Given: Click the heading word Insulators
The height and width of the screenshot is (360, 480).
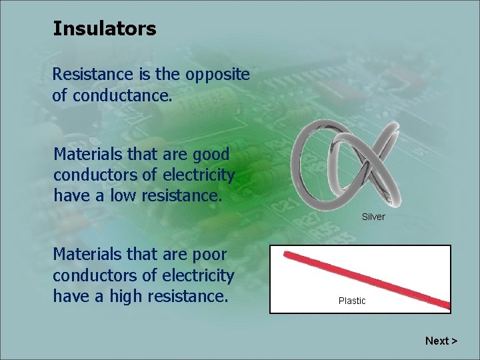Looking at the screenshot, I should click(104, 29).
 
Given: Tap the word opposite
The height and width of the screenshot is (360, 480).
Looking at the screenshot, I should click(219, 74).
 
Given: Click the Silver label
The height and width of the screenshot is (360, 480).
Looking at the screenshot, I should click(373, 217).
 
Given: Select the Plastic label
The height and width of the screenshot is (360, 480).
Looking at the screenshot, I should click(352, 301).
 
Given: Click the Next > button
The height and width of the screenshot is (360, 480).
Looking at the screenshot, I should click(441, 341).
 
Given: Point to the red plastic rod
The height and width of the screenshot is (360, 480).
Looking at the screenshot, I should click(366, 279).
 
